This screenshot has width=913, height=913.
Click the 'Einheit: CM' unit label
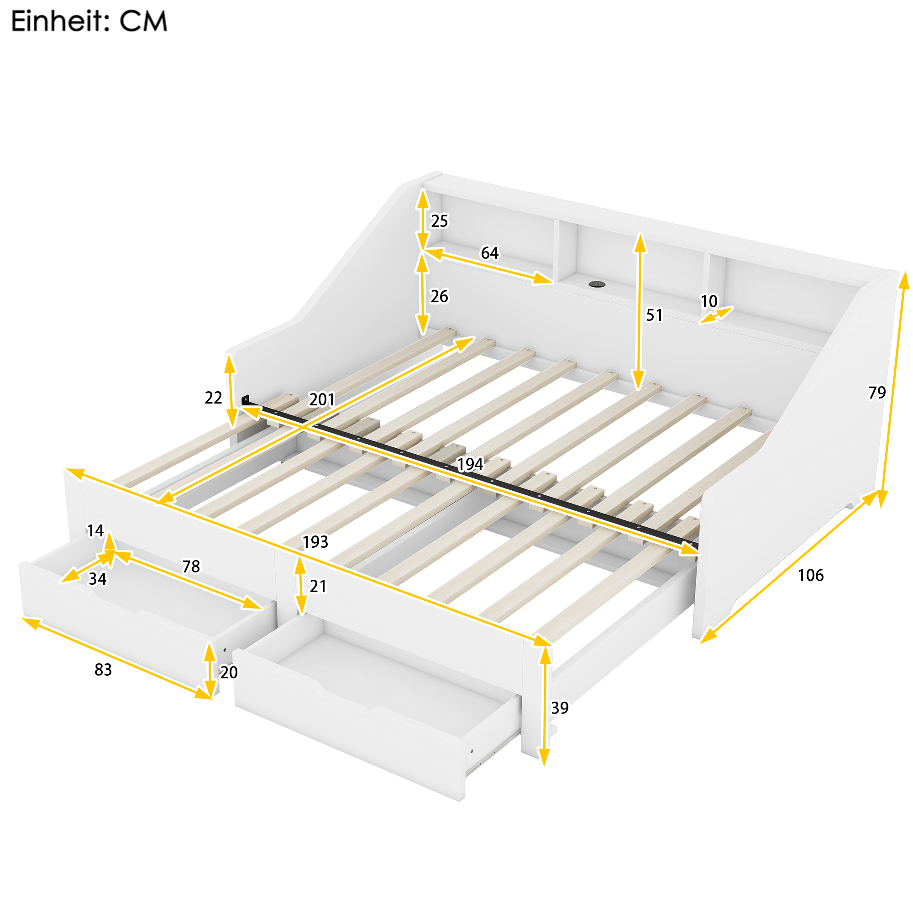pos(89,22)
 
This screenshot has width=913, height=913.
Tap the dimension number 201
pos(322,400)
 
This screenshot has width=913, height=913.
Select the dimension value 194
pos(470,465)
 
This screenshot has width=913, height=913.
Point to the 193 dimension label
pos(315,541)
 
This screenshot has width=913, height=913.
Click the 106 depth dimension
pos(811,575)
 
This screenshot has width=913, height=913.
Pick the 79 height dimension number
pos(877,392)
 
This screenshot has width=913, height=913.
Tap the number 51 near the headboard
pos(655,315)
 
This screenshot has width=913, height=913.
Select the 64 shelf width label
pos(490,253)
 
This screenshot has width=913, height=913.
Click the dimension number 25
pos(440,221)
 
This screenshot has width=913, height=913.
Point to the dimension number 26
pos(439,296)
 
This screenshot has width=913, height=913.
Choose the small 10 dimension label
pos(709,301)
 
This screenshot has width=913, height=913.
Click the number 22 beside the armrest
pos(213,398)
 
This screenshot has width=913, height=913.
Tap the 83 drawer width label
pos(103,670)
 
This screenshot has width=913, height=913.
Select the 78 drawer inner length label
pos(191,566)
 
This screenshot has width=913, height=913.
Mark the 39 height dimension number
pos(560,708)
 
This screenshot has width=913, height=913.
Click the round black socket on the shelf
pos(597,284)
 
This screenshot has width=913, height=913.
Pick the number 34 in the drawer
pos(98,579)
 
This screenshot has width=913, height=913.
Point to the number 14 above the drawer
pos(95,531)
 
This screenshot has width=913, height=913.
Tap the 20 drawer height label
pos(229,672)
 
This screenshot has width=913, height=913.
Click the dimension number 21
pos(318,587)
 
